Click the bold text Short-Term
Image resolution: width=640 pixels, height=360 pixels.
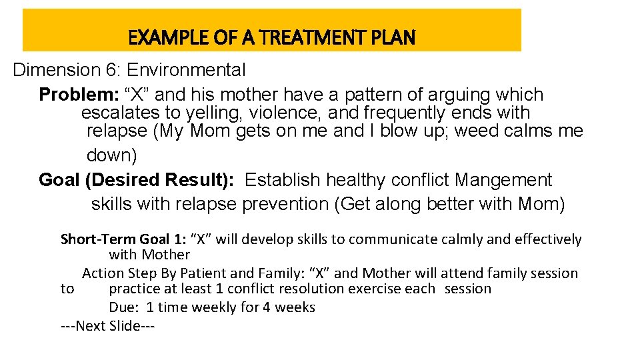(98, 239)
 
